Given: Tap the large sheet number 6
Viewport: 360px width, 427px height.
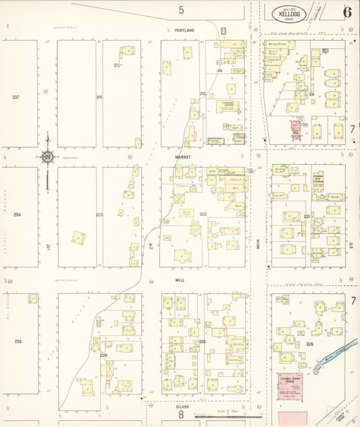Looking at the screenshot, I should tap(346, 12).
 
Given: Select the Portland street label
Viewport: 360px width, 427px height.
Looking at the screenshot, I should tap(183, 30).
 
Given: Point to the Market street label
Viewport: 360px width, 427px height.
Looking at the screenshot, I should tap(183, 157).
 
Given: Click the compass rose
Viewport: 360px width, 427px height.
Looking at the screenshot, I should tap(47, 157).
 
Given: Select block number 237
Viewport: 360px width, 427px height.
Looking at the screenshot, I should tap(16, 97).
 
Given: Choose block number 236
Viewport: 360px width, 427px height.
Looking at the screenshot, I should tap(17, 215).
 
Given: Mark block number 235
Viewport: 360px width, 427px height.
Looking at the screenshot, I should tap(17, 341).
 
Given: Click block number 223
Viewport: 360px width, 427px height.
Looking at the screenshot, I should tap(99, 215).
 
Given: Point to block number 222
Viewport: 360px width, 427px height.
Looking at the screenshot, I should tap(203, 214).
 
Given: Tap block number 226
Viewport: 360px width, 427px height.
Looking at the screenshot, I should tap(310, 344).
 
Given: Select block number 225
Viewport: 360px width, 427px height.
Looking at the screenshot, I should tap(202, 342).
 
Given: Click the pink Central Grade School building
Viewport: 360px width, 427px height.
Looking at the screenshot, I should tap(291, 384).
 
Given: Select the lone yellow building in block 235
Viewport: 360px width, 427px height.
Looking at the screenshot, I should tap(32, 298).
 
